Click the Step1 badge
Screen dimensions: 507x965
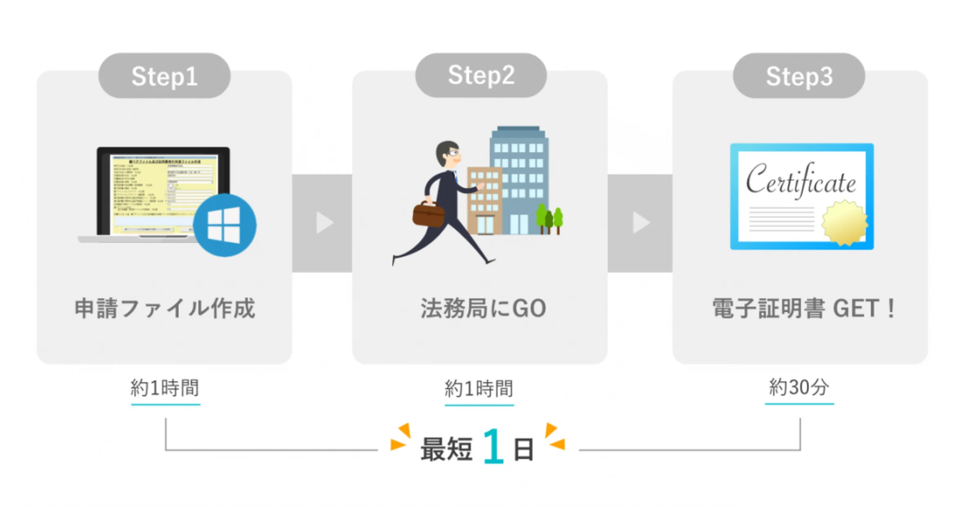(164, 76)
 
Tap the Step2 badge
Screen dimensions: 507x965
(481, 75)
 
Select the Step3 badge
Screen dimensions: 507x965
(799, 76)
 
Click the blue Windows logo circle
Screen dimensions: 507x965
(224, 225)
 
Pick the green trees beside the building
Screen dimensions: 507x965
(550, 219)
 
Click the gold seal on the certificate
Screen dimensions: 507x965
(845, 222)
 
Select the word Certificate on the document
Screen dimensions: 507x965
(801, 181)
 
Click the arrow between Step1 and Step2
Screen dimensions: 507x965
(324, 223)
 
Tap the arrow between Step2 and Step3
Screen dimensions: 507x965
(641, 223)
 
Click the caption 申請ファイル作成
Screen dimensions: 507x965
(164, 308)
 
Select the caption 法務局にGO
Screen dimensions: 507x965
(483, 308)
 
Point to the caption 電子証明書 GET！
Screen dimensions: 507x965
(803, 308)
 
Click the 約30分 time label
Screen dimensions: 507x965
(799, 387)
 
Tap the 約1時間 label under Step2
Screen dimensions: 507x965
(478, 388)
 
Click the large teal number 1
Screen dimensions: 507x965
(493, 446)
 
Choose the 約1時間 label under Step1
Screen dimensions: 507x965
(165, 388)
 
